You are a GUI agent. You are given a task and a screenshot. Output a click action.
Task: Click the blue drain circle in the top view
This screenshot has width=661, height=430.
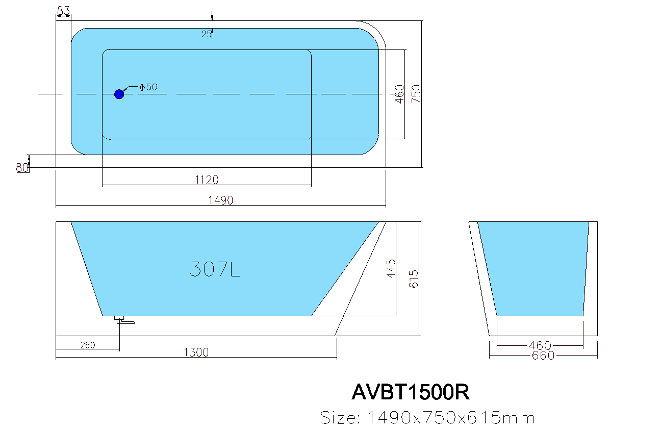[x=119, y=94]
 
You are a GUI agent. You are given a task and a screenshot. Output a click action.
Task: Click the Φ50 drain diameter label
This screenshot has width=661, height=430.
[x=148, y=87]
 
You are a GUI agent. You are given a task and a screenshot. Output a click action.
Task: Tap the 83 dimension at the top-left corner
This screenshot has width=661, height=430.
[x=63, y=10]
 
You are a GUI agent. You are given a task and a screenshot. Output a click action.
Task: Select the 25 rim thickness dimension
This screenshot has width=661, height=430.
[x=207, y=34]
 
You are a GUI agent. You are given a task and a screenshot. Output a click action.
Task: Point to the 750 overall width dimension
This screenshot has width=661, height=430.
[x=416, y=94]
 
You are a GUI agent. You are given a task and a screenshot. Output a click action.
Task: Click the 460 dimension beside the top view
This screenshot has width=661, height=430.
[x=400, y=94]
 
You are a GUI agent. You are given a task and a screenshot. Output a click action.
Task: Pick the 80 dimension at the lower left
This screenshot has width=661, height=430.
[x=22, y=167]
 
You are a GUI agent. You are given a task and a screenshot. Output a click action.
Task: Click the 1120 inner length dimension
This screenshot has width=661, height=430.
[x=207, y=180]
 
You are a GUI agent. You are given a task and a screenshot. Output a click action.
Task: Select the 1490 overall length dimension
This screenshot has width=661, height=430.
[x=220, y=200]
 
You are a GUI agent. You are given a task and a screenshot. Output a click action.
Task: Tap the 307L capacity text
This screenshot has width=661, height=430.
[x=215, y=269]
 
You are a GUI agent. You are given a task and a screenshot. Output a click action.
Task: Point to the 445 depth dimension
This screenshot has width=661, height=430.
[x=391, y=268]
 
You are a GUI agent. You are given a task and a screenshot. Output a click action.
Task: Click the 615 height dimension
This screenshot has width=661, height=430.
[x=414, y=279]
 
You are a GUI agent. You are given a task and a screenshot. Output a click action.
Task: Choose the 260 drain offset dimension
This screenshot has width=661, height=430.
[x=88, y=345]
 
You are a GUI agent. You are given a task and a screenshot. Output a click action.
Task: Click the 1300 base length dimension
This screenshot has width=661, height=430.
[x=196, y=352]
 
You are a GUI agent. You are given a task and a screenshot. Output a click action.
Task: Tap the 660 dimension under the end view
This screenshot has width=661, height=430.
[x=543, y=356]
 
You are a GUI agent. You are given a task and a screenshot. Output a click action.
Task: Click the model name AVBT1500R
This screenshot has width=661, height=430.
[x=410, y=392]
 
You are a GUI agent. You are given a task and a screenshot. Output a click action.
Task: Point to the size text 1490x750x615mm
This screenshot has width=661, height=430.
[x=427, y=418]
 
